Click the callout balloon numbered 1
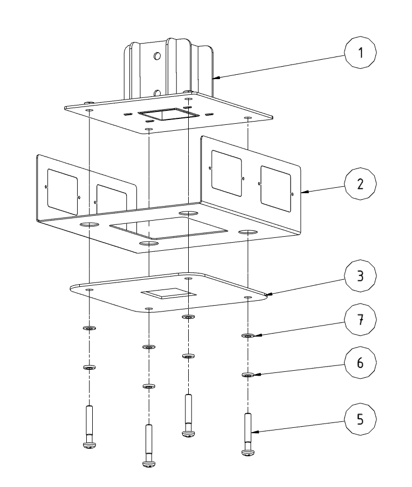point(360,52)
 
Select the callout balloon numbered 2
point(360,184)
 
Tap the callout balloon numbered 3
point(360,276)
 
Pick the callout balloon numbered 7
point(360,319)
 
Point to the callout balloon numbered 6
point(360,363)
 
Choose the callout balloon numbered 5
point(360,419)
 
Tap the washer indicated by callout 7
point(248,336)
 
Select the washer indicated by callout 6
point(248,375)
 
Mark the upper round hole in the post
point(157,56)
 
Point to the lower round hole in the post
point(157,93)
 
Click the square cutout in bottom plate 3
point(168,293)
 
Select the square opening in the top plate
point(168,114)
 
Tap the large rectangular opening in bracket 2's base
point(168,228)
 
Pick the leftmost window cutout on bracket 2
point(62,192)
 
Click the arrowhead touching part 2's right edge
point(305,192)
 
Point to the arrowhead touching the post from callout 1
point(217,77)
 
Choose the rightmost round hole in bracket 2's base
point(248,232)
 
